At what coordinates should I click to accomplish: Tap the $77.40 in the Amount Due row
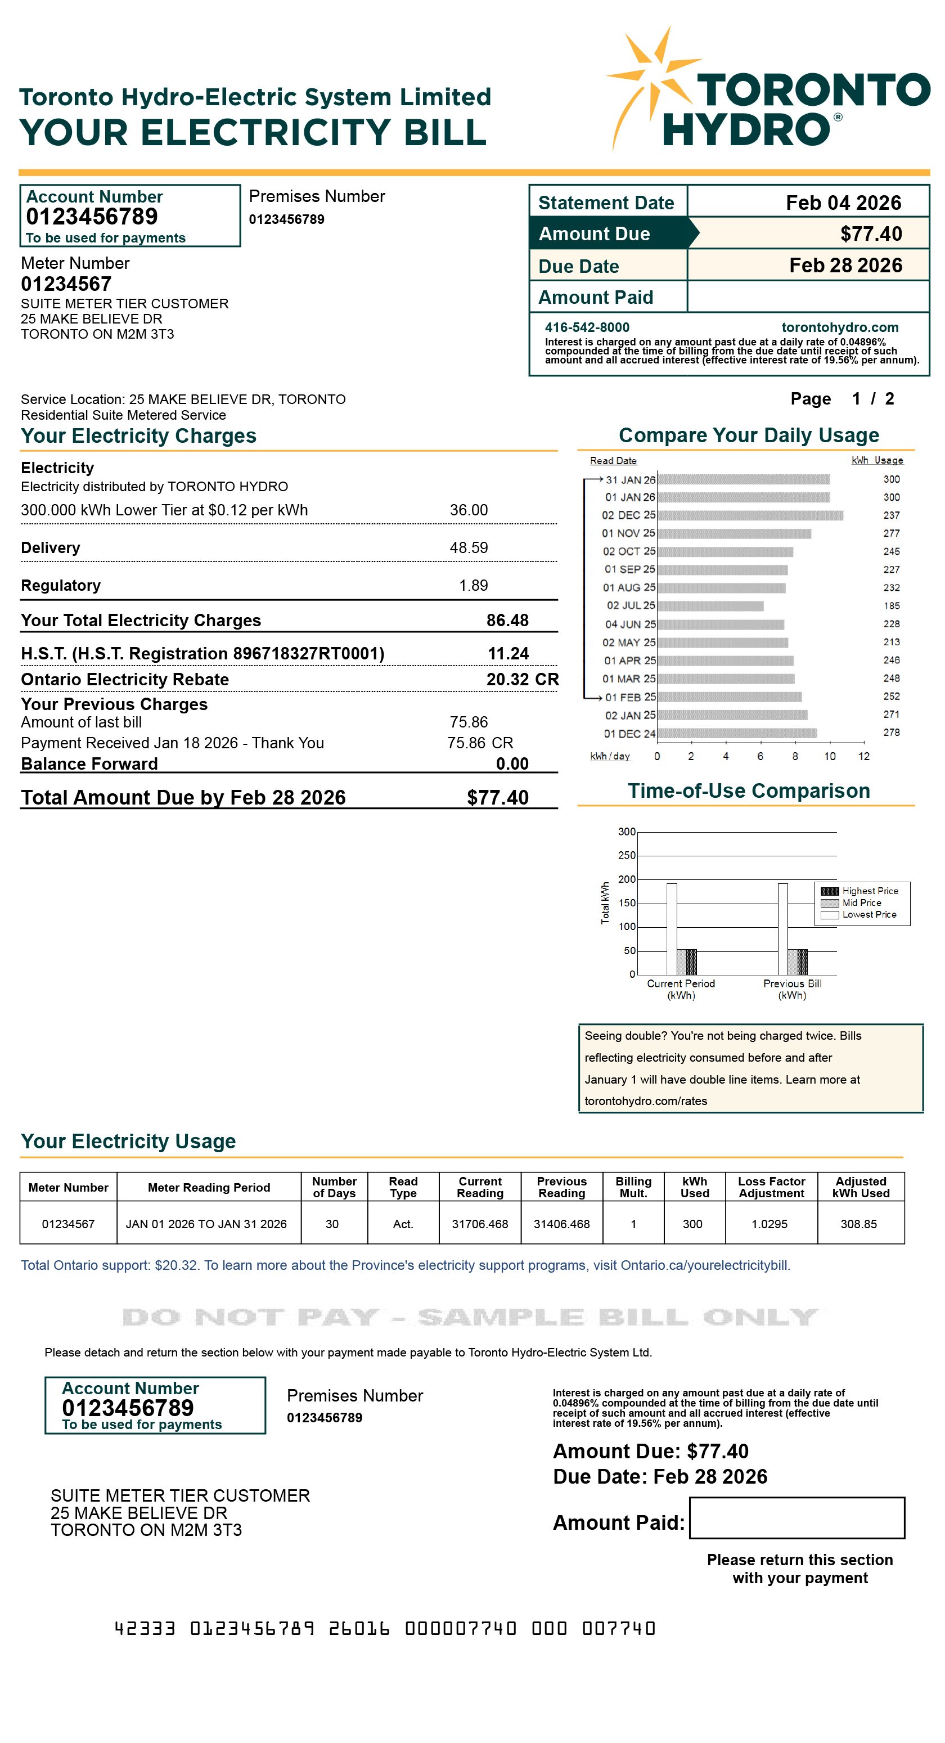pyautogui.click(x=871, y=234)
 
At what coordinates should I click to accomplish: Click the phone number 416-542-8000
pyautogui.click(x=587, y=327)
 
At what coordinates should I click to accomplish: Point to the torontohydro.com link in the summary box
pyautogui.click(x=839, y=327)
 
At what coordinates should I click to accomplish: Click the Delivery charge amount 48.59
pyautogui.click(x=468, y=548)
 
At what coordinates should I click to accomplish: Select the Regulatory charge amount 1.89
pyautogui.click(x=473, y=586)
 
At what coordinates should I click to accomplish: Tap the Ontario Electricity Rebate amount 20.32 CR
pyautogui.click(x=522, y=680)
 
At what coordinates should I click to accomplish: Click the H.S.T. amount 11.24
pyautogui.click(x=508, y=654)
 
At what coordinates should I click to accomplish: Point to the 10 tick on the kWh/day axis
pyautogui.click(x=829, y=757)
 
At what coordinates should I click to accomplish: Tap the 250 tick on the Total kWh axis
pyautogui.click(x=627, y=856)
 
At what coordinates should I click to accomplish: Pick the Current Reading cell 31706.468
pyautogui.click(x=480, y=1224)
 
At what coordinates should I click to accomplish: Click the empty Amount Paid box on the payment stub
pyautogui.click(x=796, y=1518)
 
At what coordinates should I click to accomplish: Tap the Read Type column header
pyautogui.click(x=403, y=1188)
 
